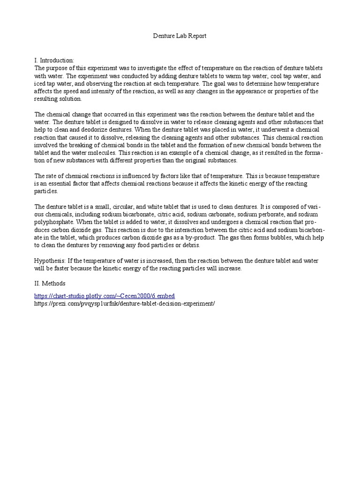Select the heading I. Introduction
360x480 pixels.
(x=54, y=60)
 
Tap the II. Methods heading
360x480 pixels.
(x=50, y=283)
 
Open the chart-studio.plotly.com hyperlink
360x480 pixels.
(x=105, y=296)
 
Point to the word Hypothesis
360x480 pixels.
(x=50, y=260)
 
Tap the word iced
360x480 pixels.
(x=41, y=83)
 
